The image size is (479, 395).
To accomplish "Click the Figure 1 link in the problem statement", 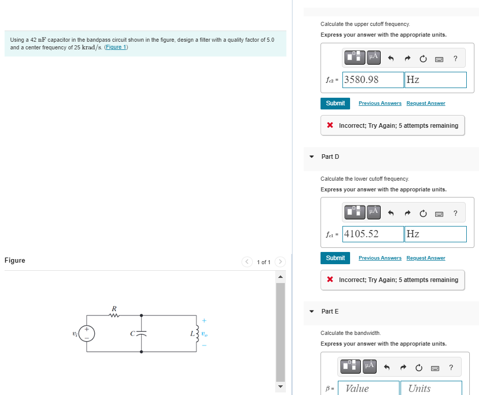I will (x=116, y=47).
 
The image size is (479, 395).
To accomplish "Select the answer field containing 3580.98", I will (x=372, y=80).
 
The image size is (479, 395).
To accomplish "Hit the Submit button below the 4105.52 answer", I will (x=335, y=258).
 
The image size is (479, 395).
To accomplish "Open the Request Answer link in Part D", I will (x=425, y=258).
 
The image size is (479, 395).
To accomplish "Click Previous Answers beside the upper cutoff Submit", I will (x=380, y=103).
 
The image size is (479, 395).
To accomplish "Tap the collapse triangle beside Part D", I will (x=311, y=157).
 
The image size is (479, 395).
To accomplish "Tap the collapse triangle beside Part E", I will (x=311, y=312).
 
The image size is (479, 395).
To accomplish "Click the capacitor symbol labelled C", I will (x=141, y=334).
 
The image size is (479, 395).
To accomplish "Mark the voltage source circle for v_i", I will (x=87, y=334).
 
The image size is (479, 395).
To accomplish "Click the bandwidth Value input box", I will (x=370, y=388).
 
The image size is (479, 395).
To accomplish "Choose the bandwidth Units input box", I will (x=431, y=388).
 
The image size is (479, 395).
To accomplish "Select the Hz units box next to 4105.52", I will (x=435, y=234).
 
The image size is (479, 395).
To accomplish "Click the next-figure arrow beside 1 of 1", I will (x=280, y=262).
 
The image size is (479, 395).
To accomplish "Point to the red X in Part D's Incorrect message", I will (x=330, y=280).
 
